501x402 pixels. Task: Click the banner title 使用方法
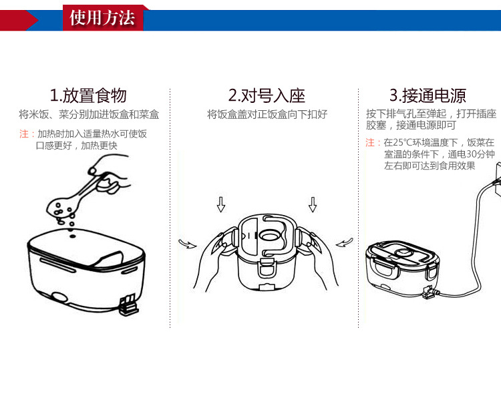(102, 17)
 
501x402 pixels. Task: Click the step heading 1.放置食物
(88, 95)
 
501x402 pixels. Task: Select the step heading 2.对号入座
(267, 95)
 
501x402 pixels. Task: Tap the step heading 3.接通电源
(428, 95)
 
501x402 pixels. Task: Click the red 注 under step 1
(24, 134)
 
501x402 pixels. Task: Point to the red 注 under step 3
(370, 142)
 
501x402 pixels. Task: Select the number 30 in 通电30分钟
(472, 154)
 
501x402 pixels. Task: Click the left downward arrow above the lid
(221, 204)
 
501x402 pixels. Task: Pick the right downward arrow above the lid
(313, 204)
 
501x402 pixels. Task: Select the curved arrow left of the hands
(188, 244)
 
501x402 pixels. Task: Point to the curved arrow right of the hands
(345, 242)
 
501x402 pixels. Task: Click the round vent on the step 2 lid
(269, 236)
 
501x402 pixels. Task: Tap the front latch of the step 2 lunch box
(267, 268)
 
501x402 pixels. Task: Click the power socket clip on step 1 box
(129, 305)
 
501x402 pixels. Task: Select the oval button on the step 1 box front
(59, 298)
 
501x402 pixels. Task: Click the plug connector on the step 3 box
(430, 292)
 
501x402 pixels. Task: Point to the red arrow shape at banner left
(19, 21)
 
